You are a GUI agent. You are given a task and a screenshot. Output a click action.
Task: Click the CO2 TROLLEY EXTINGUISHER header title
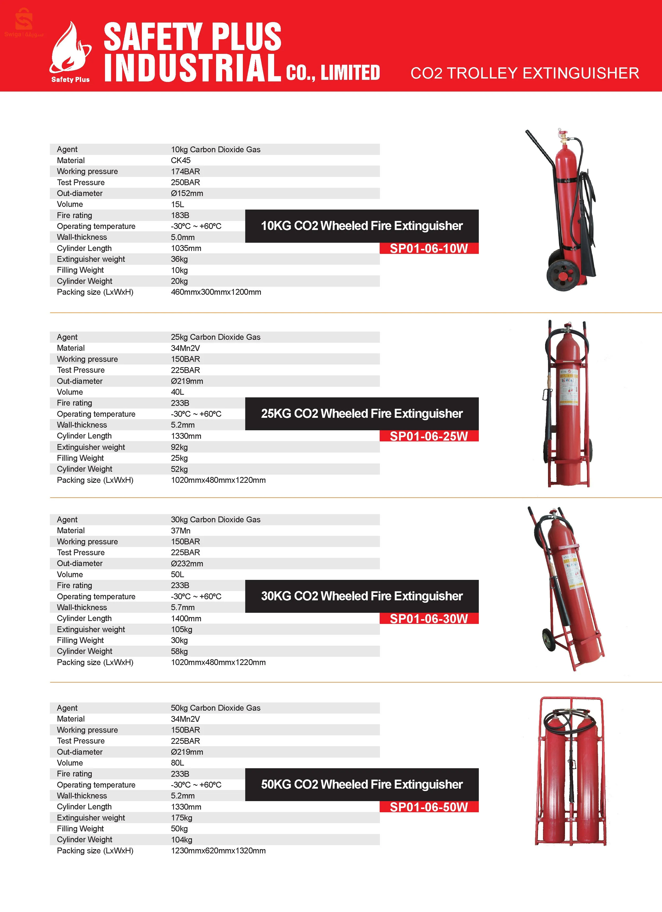tap(524, 73)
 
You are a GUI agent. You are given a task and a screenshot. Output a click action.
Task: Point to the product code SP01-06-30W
tap(429, 618)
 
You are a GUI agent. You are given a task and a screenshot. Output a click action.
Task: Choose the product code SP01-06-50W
tap(429, 807)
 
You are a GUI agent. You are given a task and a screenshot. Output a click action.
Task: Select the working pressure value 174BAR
tap(185, 171)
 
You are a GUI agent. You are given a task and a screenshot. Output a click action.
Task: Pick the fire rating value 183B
tap(180, 215)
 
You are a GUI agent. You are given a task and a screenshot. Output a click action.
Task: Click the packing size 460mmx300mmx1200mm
tap(216, 292)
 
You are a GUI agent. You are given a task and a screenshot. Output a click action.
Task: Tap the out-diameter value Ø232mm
tap(187, 563)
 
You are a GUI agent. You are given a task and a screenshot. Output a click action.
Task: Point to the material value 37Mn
tap(181, 530)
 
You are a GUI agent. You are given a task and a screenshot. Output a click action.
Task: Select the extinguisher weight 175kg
tap(181, 818)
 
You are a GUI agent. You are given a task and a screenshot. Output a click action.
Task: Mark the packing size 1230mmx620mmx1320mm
tap(218, 850)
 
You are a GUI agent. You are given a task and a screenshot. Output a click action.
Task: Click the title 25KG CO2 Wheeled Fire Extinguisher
tap(362, 414)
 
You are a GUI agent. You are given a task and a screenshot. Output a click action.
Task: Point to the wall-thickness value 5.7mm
tap(182, 607)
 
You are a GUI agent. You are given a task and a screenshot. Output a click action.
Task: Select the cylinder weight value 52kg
tap(179, 469)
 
